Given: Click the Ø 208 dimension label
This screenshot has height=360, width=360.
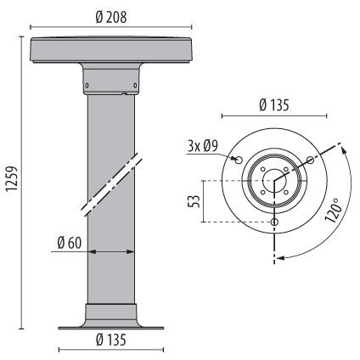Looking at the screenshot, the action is click(x=111, y=18).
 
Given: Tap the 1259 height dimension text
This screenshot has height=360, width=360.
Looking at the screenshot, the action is click(x=13, y=179).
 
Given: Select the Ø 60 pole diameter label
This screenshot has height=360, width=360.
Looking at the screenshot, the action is click(x=69, y=243).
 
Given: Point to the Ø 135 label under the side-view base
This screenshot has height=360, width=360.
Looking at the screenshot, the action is click(x=111, y=340).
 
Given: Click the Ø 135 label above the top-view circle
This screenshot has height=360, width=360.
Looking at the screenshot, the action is click(x=274, y=105).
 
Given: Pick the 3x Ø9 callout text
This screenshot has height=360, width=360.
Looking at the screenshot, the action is click(x=202, y=146).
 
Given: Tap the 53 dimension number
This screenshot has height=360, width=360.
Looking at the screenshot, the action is click(x=194, y=201).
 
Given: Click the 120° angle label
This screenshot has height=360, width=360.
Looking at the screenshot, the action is click(x=334, y=211).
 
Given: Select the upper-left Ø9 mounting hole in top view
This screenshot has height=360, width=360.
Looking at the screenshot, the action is click(x=239, y=160).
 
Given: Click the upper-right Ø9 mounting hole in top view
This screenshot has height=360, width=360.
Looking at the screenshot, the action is click(x=311, y=160).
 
